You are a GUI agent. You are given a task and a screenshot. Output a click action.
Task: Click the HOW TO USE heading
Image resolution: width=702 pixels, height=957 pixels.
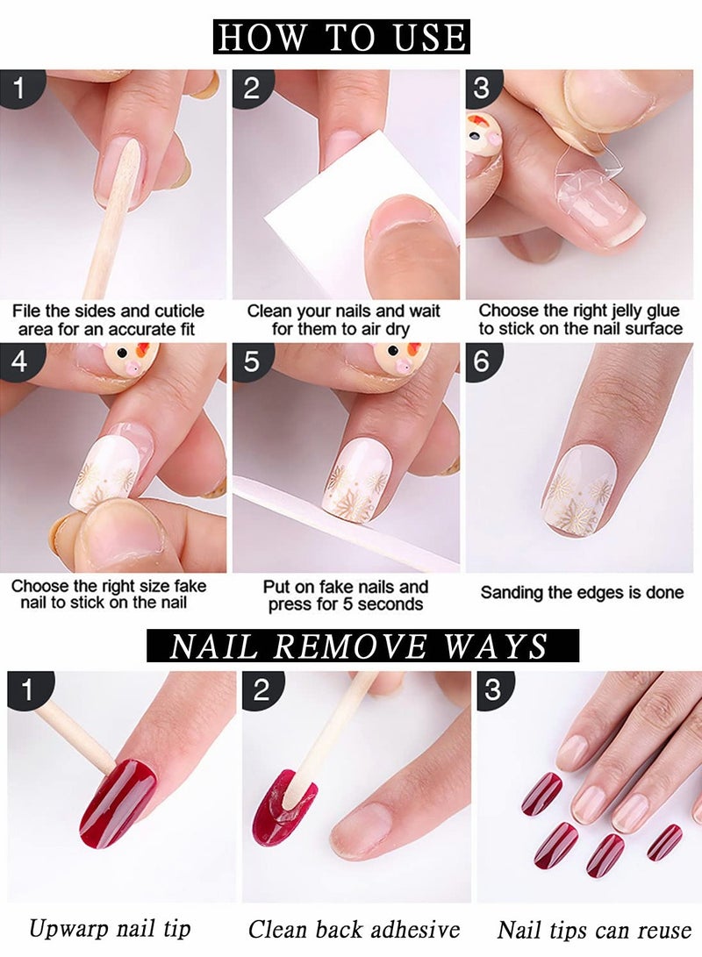(341, 37)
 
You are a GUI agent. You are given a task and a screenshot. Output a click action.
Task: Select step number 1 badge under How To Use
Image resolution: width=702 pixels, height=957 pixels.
(18, 88)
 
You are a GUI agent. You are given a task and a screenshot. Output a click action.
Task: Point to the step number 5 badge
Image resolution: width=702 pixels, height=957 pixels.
(251, 361)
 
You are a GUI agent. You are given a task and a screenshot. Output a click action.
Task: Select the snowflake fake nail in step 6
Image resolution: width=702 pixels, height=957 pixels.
(579, 489)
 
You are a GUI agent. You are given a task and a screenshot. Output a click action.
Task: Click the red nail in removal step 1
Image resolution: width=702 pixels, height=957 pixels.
(118, 802)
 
